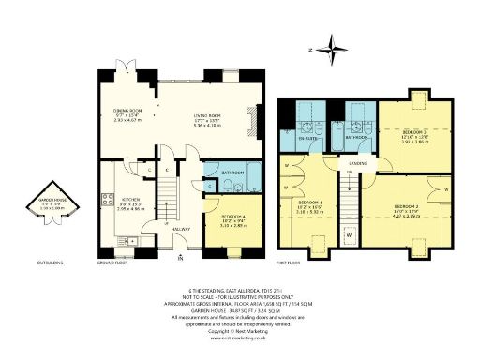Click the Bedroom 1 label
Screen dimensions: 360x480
[x=309, y=202]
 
